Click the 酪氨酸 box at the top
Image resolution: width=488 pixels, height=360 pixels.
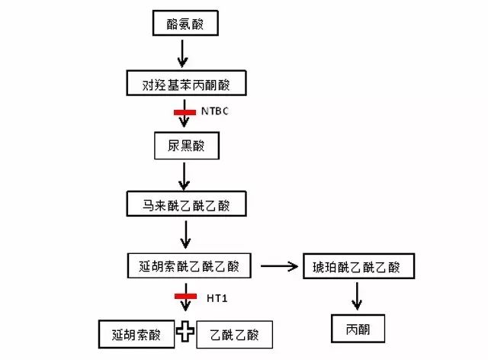click(x=183, y=24)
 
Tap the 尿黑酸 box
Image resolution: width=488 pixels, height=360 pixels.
click(x=183, y=145)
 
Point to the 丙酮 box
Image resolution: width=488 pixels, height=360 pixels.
click(x=357, y=329)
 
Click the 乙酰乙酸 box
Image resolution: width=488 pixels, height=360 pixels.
click(x=233, y=334)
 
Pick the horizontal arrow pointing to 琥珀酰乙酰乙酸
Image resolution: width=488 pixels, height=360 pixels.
click(x=279, y=266)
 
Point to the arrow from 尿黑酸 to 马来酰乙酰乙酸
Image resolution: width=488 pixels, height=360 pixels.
click(x=183, y=175)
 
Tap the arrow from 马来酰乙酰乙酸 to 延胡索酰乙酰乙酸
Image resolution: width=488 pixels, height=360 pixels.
click(x=183, y=236)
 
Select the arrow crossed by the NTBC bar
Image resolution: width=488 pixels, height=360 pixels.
click(x=184, y=122)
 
